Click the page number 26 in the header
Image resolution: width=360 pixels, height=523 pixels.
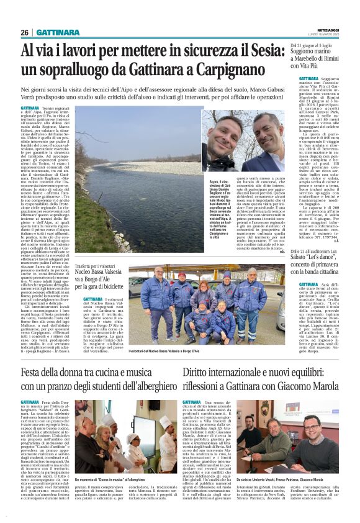click(24, 32)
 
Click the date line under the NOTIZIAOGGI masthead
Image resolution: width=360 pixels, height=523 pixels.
click(329, 34)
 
